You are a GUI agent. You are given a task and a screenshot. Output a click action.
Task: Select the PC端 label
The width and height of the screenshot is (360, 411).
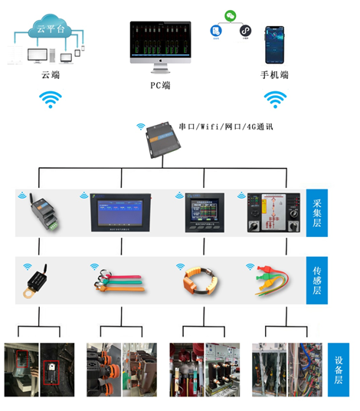point(160,85)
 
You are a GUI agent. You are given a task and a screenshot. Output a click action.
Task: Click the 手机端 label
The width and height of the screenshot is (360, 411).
point(274,75)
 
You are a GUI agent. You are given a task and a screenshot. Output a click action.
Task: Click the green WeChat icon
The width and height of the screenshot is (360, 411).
point(230,15)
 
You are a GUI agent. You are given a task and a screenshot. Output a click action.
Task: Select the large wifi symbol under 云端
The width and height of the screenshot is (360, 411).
point(51,99)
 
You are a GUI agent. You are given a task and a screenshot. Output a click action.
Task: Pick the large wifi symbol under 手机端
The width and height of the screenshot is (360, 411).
point(275,99)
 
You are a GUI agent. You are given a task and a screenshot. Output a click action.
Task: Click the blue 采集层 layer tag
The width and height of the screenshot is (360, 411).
point(317,212)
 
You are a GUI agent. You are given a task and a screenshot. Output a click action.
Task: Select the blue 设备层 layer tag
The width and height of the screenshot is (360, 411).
point(338,370)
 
